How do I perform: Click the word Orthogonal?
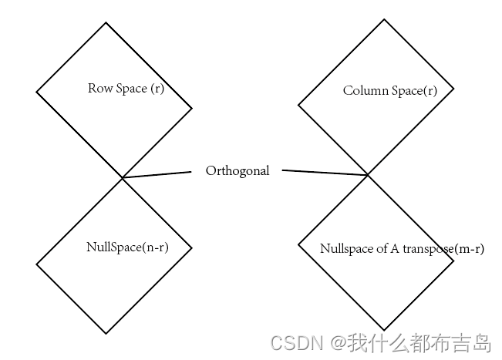pyautogui.click(x=238, y=171)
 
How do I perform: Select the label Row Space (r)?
pyautogui.click(x=126, y=89)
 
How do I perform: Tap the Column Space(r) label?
pyautogui.click(x=390, y=91)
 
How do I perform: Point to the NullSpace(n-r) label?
pyautogui.click(x=128, y=247)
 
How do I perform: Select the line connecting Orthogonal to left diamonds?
pyautogui.click(x=157, y=174)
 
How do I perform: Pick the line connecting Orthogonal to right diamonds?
pyautogui.click(x=325, y=173)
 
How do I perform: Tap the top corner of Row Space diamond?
pyautogui.click(x=106, y=22)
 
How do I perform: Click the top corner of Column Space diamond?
pyautogui.click(x=384, y=19)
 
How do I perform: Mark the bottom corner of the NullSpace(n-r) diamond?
pyautogui.click(x=106, y=333)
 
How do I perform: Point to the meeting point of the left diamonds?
pyautogui.click(x=122, y=178)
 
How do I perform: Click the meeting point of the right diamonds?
pyautogui.click(x=368, y=176)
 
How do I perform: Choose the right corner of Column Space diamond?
pyautogui.click(x=453, y=89)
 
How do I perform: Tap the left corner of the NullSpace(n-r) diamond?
pyautogui.click(x=36, y=264)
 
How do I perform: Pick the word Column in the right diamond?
pyautogui.click(x=366, y=91)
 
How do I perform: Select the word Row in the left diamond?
pyautogui.click(x=100, y=89)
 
